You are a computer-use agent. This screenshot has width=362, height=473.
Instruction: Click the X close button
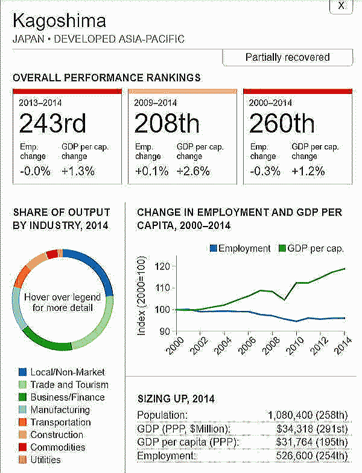(x=341, y=5)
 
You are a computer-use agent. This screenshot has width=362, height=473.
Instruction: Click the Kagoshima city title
(x=59, y=21)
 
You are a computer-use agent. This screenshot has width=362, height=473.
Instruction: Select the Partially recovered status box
(x=287, y=57)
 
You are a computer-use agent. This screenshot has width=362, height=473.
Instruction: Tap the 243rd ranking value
(x=52, y=124)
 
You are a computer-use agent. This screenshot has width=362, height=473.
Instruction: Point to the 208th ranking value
(x=167, y=124)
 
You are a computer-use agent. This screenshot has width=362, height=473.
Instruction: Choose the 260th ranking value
(x=281, y=124)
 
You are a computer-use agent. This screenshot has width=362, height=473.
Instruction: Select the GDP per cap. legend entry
(x=311, y=248)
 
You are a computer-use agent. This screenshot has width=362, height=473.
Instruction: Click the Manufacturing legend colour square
(x=23, y=410)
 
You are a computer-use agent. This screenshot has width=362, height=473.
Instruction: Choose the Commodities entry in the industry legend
(x=57, y=447)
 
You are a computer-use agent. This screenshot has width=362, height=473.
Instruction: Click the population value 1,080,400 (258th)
(x=308, y=415)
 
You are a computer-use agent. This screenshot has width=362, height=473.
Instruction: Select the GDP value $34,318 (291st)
(x=311, y=428)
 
